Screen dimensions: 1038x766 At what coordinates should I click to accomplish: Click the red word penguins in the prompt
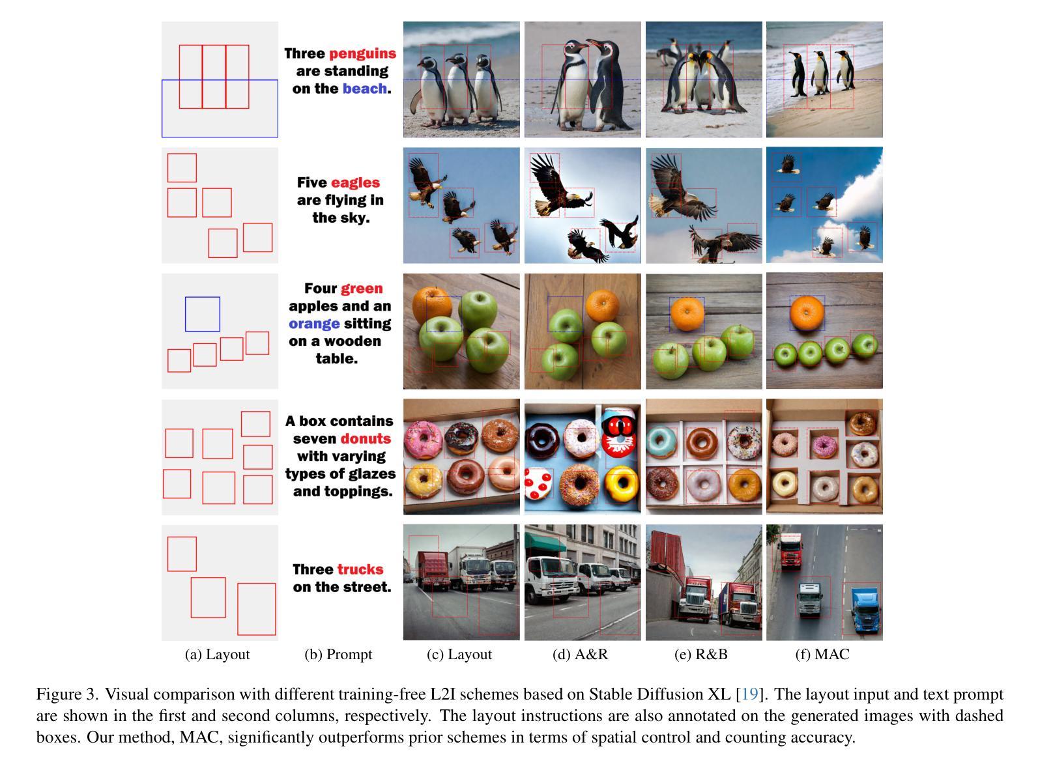362,54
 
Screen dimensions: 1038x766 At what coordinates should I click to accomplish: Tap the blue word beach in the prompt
364,89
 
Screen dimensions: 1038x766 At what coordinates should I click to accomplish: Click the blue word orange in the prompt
314,324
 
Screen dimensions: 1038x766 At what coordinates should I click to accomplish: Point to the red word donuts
365,438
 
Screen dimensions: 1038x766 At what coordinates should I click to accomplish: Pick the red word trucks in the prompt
360,569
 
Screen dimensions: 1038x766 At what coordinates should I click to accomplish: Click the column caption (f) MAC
822,654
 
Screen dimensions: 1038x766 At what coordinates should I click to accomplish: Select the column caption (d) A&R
580,654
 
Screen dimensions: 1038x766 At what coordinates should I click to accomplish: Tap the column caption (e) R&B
700,654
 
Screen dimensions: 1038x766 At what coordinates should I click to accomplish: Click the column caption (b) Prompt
338,654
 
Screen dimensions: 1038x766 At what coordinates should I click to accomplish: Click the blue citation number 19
749,694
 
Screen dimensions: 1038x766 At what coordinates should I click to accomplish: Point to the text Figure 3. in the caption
67,694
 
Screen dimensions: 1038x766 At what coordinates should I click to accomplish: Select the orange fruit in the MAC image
807,311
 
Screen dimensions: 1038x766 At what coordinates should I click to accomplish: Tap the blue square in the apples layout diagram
203,314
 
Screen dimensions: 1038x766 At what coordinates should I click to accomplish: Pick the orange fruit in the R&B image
687,314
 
